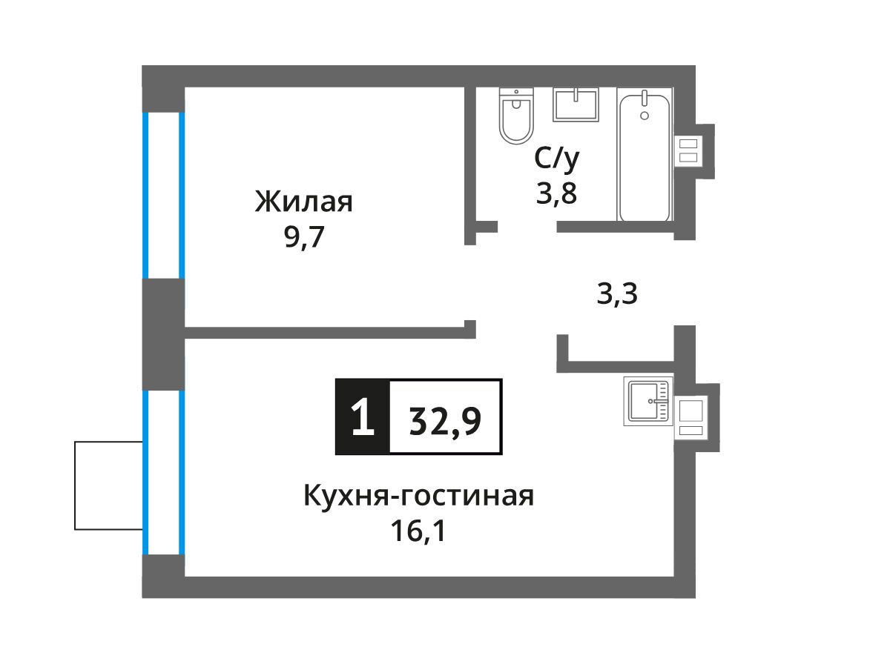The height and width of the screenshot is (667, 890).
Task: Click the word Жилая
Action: [x=303, y=202]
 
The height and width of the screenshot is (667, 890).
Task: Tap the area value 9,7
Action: [x=304, y=237]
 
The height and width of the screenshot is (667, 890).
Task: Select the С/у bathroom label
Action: [x=557, y=159]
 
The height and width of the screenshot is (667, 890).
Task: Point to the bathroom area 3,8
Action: [x=556, y=193]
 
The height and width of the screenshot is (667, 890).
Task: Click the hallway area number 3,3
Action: [x=617, y=293]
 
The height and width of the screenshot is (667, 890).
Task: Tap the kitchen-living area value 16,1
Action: [x=418, y=531]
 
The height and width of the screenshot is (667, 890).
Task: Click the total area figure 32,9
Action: [x=445, y=421]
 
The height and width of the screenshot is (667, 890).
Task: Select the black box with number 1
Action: [x=363, y=417]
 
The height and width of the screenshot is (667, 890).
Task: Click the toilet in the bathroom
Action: [x=516, y=116]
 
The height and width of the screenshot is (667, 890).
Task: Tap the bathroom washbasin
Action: [x=576, y=104]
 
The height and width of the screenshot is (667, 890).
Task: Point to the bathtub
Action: [x=645, y=154]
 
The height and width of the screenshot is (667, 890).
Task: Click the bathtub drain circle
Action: [x=645, y=116]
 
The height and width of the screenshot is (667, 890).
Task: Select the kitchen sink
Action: [x=648, y=401]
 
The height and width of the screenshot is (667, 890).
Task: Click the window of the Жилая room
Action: [x=163, y=195]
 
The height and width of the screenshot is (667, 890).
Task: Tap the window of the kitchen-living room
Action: [x=163, y=472]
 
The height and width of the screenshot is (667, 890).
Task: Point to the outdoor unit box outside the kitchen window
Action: [x=109, y=485]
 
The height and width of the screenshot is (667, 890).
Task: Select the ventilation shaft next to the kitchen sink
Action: [x=691, y=418]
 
